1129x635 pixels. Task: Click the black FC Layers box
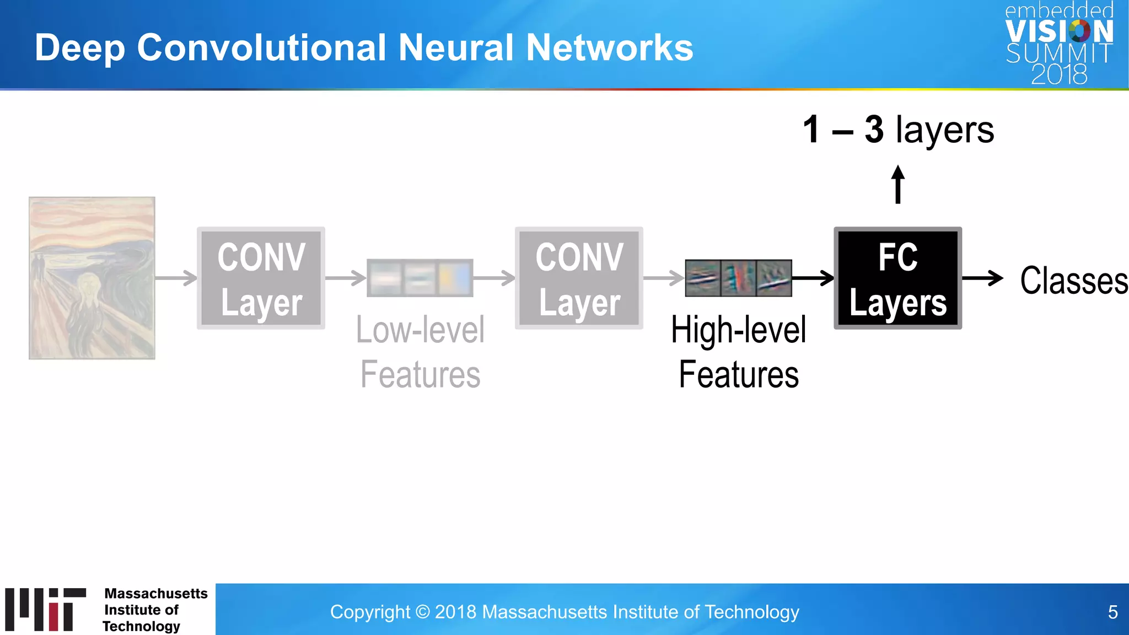(x=897, y=278)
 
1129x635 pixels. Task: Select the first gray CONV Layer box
(x=261, y=278)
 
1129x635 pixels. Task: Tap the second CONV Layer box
(x=579, y=278)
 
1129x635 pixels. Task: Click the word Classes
(x=1073, y=281)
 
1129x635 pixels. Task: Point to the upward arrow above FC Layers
(x=897, y=185)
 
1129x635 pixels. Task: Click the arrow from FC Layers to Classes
(x=982, y=278)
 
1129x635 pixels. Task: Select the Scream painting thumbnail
(x=92, y=278)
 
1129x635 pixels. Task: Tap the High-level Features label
(x=739, y=352)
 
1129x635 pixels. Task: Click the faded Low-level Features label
(x=420, y=352)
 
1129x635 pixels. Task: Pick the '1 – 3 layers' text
(x=898, y=130)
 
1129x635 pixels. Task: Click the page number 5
(x=1112, y=612)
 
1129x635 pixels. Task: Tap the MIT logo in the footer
(x=46, y=609)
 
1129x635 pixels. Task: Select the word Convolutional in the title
(x=261, y=47)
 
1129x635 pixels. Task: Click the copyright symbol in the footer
(x=422, y=612)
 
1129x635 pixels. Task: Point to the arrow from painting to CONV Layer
(x=176, y=278)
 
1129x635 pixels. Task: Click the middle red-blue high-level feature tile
(x=738, y=278)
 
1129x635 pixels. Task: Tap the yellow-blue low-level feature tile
(x=455, y=278)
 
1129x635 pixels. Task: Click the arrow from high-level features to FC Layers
(x=813, y=278)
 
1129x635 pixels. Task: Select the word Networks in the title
(x=609, y=47)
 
